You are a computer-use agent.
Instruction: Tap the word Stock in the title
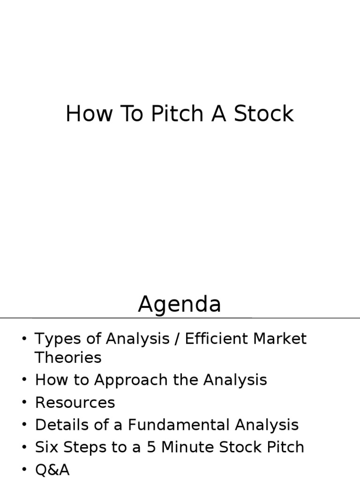pyautogui.click(x=265, y=114)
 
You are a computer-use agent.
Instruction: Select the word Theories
pyautogui.click(x=68, y=358)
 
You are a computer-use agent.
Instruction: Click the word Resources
pyautogui.click(x=75, y=402)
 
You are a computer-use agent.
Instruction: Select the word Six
pyautogui.click(x=46, y=447)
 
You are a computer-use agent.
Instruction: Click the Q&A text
pyautogui.click(x=52, y=469)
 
